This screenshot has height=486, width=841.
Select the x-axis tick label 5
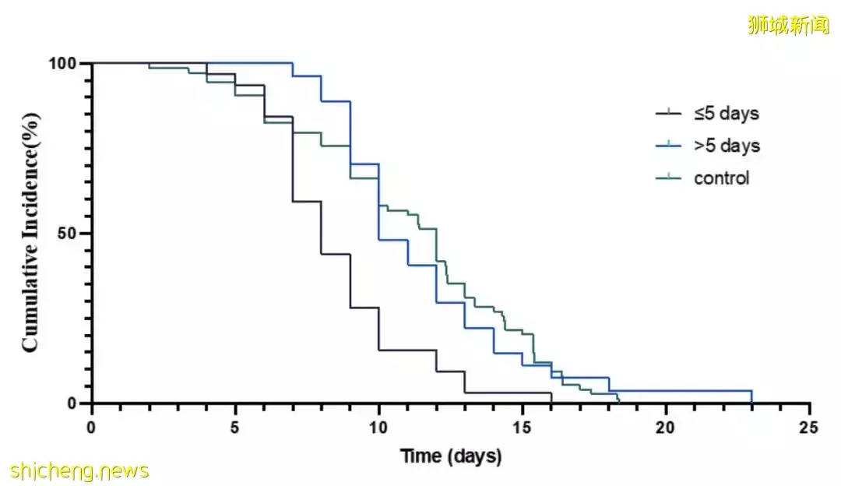pos(235,428)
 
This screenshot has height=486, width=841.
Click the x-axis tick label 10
pos(378,428)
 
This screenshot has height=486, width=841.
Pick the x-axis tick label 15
pos(522,428)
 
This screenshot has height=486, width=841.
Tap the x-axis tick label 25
pos(809,428)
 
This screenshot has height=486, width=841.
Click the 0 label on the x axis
pos(92,428)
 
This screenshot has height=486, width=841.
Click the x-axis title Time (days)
pos(451,456)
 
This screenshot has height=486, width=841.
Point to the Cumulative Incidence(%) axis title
pos(31,232)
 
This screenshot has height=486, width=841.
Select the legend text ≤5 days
pos(726,114)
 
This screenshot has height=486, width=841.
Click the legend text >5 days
pos(727,146)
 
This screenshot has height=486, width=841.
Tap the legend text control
pos(721,178)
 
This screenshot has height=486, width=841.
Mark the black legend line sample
pos(667,114)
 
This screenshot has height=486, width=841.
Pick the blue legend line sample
pos(667,146)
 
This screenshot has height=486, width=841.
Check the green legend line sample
pos(667,178)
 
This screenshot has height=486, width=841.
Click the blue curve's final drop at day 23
pos(752,397)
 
